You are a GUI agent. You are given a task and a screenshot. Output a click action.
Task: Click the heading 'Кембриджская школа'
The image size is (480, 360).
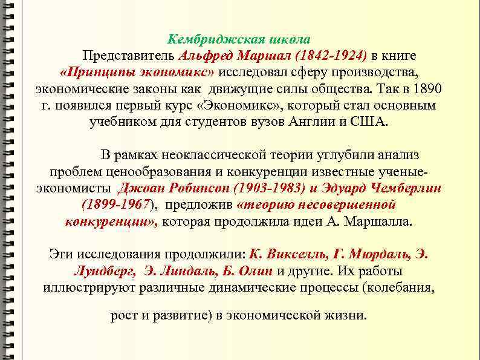click(239, 39)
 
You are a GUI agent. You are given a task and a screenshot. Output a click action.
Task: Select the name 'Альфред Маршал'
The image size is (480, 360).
click(235, 56)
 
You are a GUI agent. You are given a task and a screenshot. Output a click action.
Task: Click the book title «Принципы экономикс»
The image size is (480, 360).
click(138, 73)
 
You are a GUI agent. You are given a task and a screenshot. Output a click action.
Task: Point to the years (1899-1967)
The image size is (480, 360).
click(119, 205)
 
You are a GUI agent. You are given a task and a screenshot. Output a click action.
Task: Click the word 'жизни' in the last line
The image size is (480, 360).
click(348, 316)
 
